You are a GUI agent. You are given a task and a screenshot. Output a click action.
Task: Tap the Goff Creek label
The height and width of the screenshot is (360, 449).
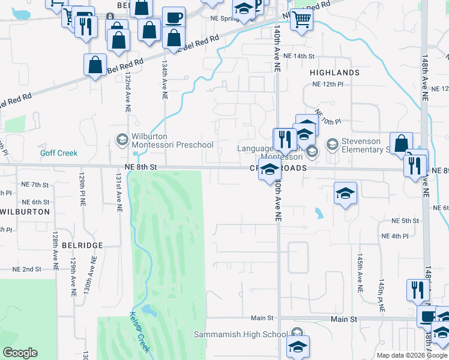click(x=59, y=153)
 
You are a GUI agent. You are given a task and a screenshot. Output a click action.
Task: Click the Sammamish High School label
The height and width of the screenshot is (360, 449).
click(x=241, y=334)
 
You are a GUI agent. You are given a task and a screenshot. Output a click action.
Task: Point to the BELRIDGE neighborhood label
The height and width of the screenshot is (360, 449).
click(x=82, y=245)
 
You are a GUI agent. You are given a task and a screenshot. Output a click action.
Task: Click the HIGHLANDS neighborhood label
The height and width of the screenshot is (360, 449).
click(x=334, y=73)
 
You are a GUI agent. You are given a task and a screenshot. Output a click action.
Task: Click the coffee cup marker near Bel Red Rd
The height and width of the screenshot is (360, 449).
click(x=173, y=17)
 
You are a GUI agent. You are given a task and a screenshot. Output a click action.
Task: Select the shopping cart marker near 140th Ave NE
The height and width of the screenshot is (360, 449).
click(x=301, y=20)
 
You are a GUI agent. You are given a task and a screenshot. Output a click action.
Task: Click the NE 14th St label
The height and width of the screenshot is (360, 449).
click(x=298, y=56)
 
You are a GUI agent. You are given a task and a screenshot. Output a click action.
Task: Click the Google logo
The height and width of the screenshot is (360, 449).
click(x=20, y=353)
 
